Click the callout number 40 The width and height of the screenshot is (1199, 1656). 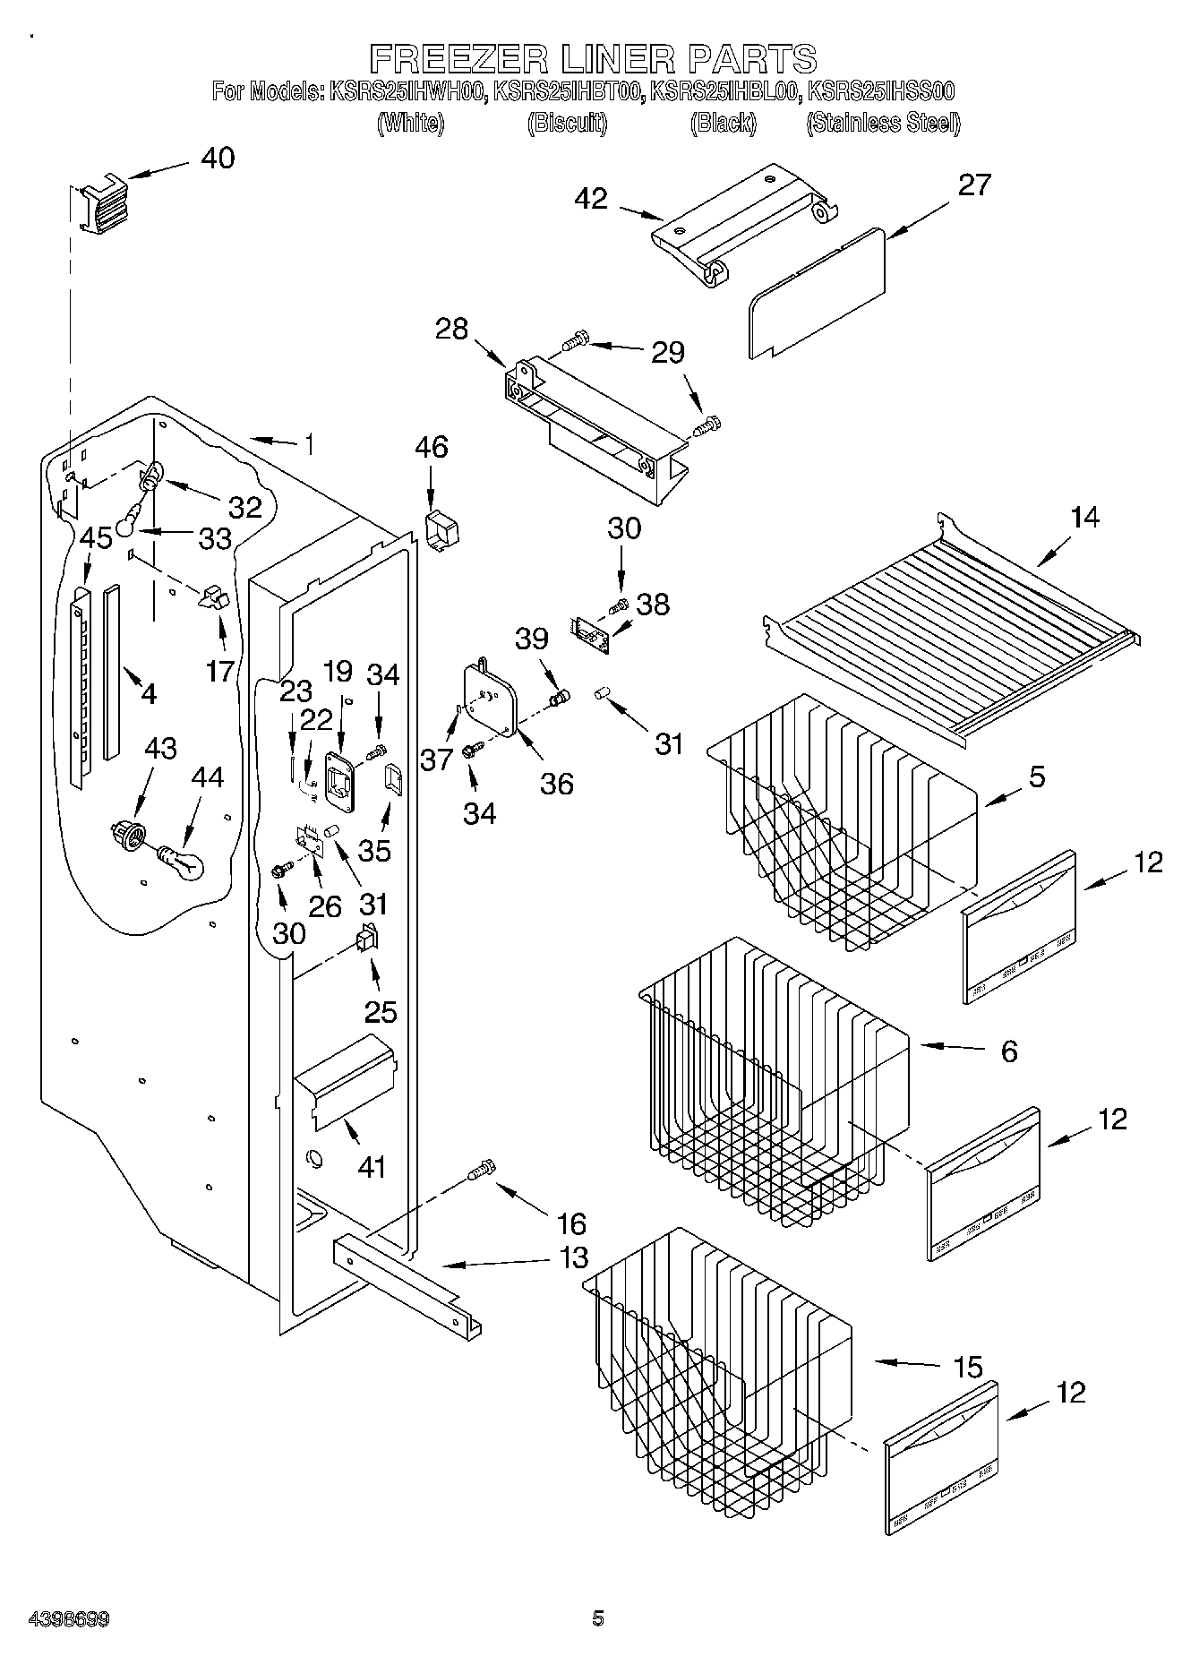218,159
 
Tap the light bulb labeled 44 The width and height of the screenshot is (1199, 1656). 183,863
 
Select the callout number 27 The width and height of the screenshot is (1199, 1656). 974,184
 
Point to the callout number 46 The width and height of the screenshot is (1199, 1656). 431,447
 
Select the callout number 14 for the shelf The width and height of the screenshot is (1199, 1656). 1084,518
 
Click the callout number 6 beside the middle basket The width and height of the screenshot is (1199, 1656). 1008,1051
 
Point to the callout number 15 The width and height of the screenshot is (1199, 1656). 967,1368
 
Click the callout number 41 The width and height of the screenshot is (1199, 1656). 372,1166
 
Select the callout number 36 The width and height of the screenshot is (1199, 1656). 556,784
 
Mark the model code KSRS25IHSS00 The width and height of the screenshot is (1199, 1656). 881,90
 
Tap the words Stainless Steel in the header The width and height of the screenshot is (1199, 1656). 883,123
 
